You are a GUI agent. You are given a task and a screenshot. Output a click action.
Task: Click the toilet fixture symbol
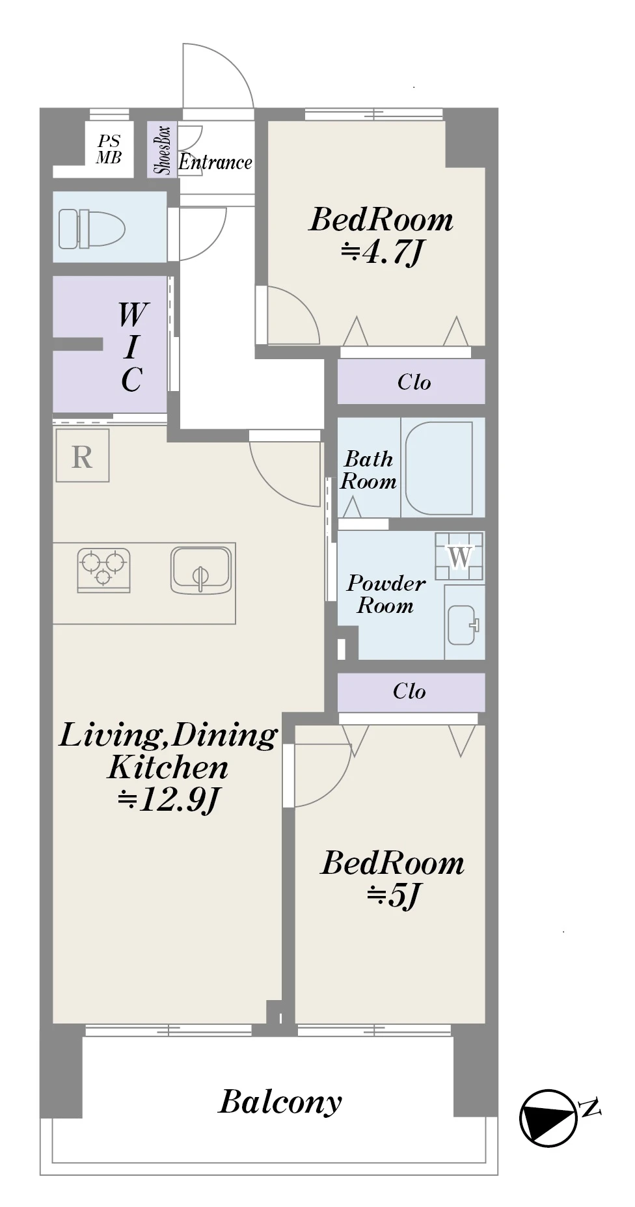92,228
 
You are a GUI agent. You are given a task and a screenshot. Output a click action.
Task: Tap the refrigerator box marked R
82,455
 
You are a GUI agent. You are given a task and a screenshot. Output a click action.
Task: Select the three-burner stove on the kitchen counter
103,569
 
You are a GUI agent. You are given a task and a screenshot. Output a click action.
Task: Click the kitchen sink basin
201,570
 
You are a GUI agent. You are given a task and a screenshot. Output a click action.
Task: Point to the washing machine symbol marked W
459,556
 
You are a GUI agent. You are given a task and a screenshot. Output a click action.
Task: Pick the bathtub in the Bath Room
439,468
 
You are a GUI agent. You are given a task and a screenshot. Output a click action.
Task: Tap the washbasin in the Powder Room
463,625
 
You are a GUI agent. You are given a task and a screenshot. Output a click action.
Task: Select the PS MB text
109,149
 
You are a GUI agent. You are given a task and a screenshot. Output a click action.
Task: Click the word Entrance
215,162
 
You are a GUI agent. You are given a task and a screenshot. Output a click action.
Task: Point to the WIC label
132,347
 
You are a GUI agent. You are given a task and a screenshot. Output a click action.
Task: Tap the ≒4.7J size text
382,252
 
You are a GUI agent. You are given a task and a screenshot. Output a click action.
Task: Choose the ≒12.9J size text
169,799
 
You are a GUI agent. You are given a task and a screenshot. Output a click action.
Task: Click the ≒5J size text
394,895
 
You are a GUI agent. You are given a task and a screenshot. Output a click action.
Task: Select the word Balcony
280,1102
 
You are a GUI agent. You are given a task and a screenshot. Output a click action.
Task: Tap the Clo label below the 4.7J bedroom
414,382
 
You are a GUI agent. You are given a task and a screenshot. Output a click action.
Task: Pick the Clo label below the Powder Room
409,691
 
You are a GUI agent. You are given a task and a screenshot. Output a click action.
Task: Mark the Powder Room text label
386,594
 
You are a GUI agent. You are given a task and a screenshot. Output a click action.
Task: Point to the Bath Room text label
368,470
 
